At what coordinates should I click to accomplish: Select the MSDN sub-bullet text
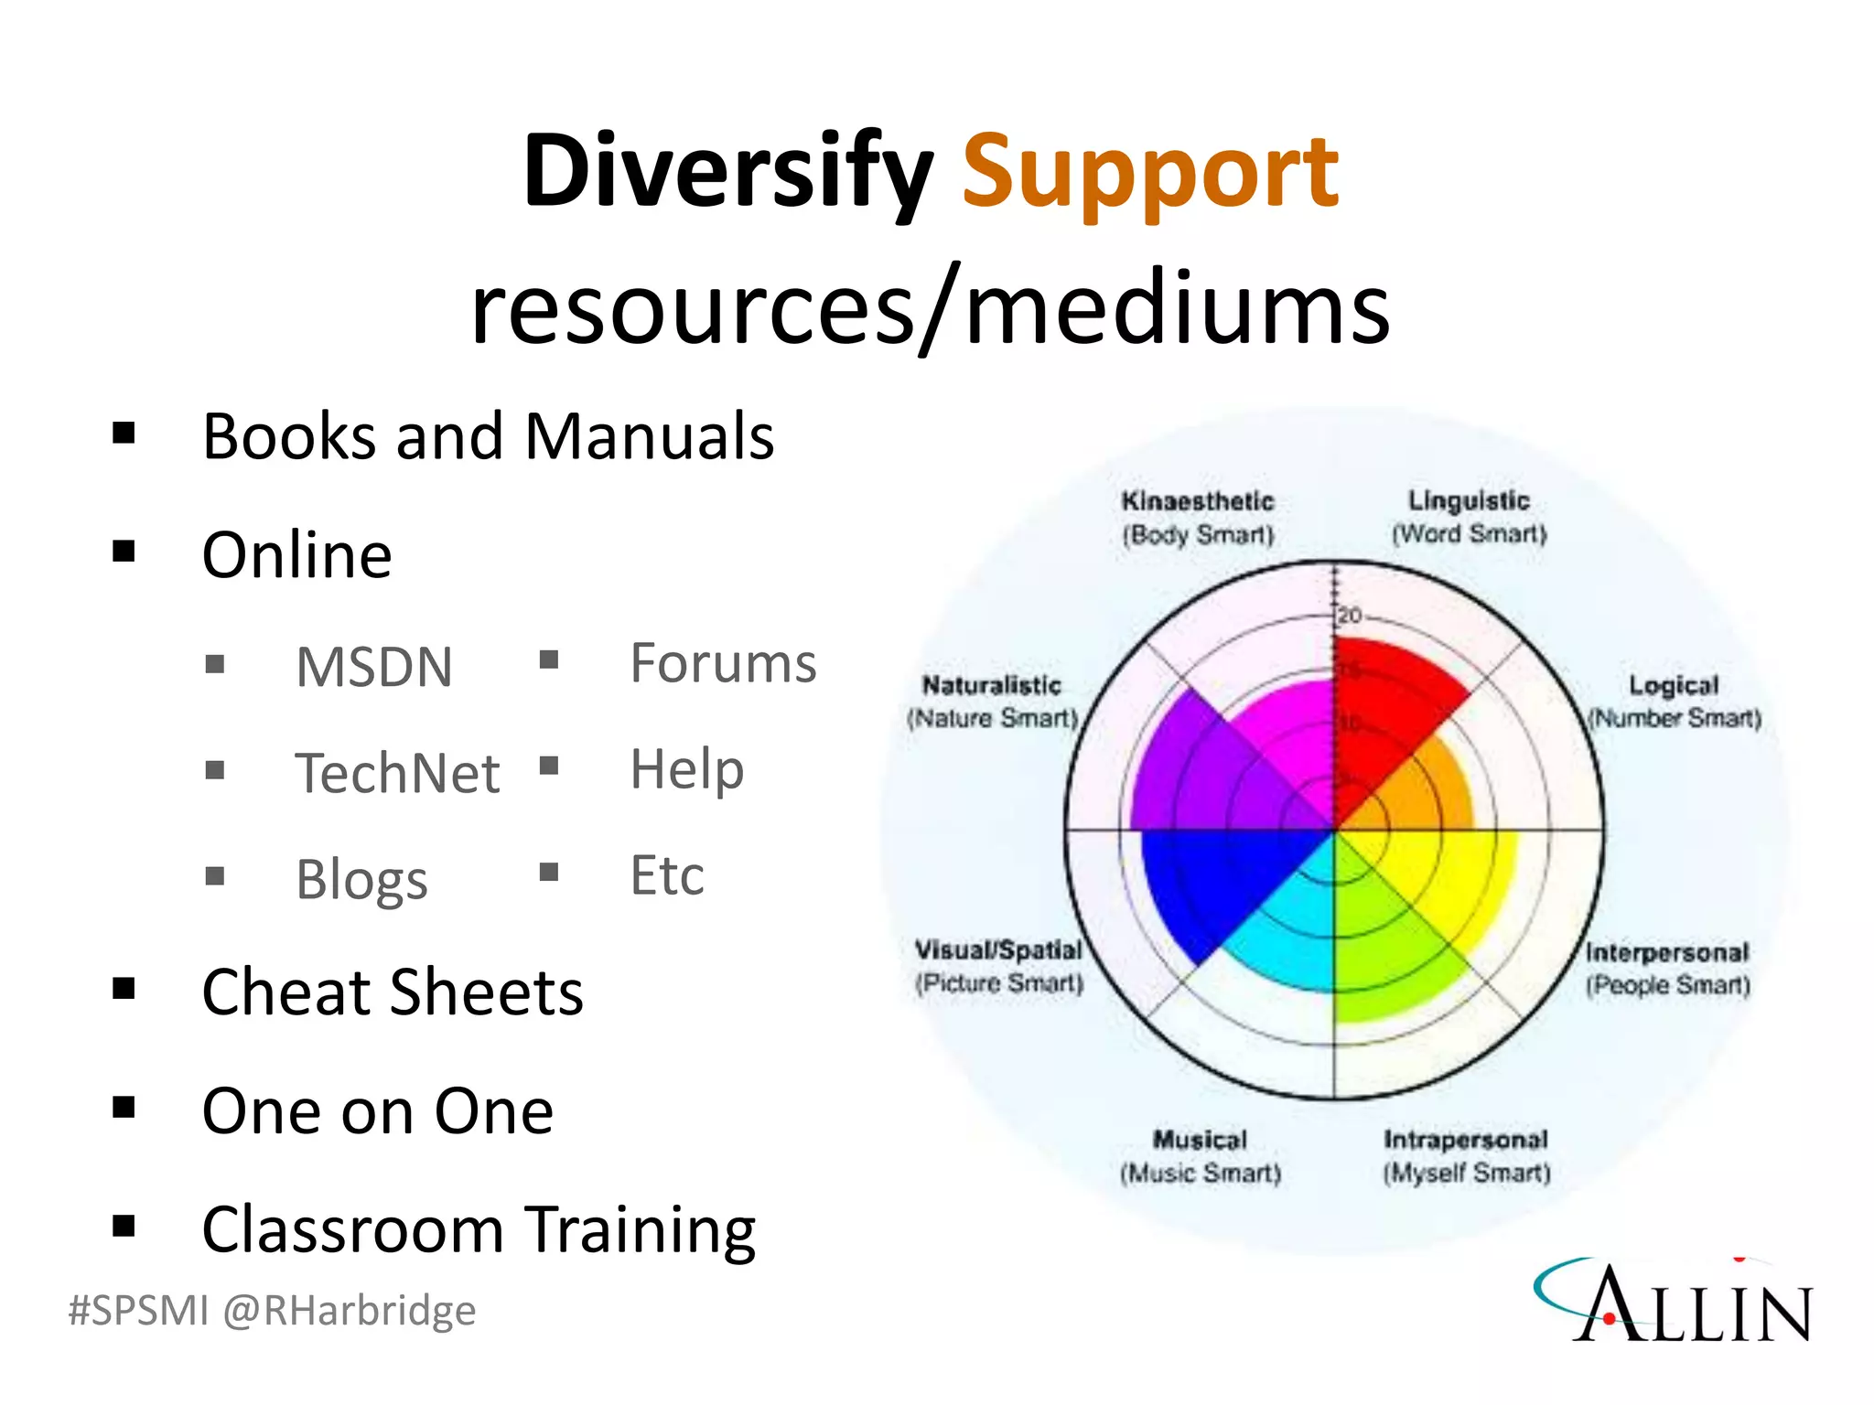click(374, 667)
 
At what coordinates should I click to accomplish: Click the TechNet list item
click(397, 773)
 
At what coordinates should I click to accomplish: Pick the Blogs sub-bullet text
click(361, 879)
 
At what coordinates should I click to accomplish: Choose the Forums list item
click(723, 663)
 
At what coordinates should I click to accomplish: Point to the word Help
click(686, 769)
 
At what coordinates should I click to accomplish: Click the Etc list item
click(667, 875)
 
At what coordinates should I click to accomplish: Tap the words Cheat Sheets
click(393, 992)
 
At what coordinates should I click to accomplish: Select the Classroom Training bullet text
click(479, 1229)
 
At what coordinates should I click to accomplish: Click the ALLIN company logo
click(1675, 1302)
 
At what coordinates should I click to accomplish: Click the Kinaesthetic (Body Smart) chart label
click(1198, 518)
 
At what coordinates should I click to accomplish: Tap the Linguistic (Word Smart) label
click(1469, 517)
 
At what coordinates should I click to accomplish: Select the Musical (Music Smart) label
click(1200, 1156)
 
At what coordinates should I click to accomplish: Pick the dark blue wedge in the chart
click(1208, 878)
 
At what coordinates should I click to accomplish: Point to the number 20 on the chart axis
click(1350, 616)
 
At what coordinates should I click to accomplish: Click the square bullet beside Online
click(124, 552)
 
